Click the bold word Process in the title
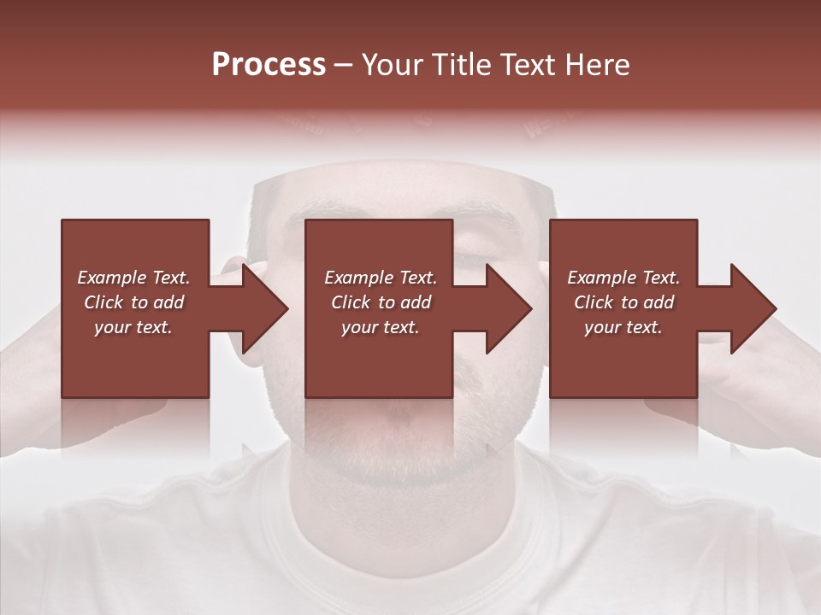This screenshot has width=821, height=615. (269, 65)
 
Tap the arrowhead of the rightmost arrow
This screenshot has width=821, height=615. (754, 308)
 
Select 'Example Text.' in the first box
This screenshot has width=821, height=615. (133, 278)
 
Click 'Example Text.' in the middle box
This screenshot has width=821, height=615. (381, 278)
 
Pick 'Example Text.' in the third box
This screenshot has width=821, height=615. (623, 278)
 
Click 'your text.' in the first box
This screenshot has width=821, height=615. (133, 327)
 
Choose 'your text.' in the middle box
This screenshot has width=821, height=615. (381, 327)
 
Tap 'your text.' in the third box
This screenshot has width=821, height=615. (623, 327)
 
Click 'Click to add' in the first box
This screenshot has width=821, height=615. (133, 302)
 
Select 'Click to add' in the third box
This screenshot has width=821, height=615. (623, 302)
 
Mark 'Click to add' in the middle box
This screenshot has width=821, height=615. (381, 302)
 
